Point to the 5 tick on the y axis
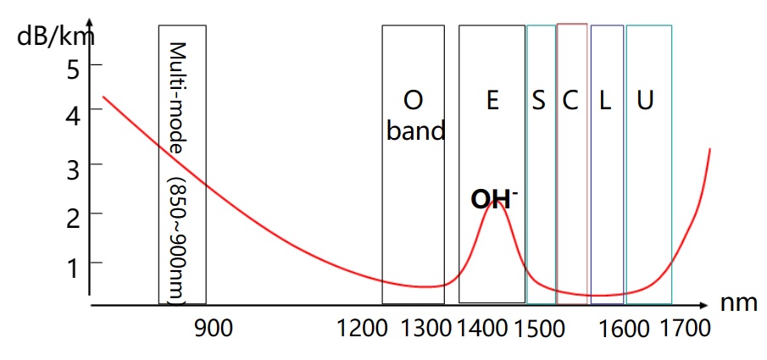tap(73, 68)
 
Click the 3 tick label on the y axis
tap(73, 163)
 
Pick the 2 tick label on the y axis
tap(73, 213)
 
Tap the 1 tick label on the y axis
tap(73, 263)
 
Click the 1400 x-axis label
tap(481, 328)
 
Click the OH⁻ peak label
tap(494, 200)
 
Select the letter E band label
tap(492, 101)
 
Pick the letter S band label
tap(539, 101)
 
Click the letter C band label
tap(570, 101)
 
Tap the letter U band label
tap(645, 101)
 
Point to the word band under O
tap(415, 131)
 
